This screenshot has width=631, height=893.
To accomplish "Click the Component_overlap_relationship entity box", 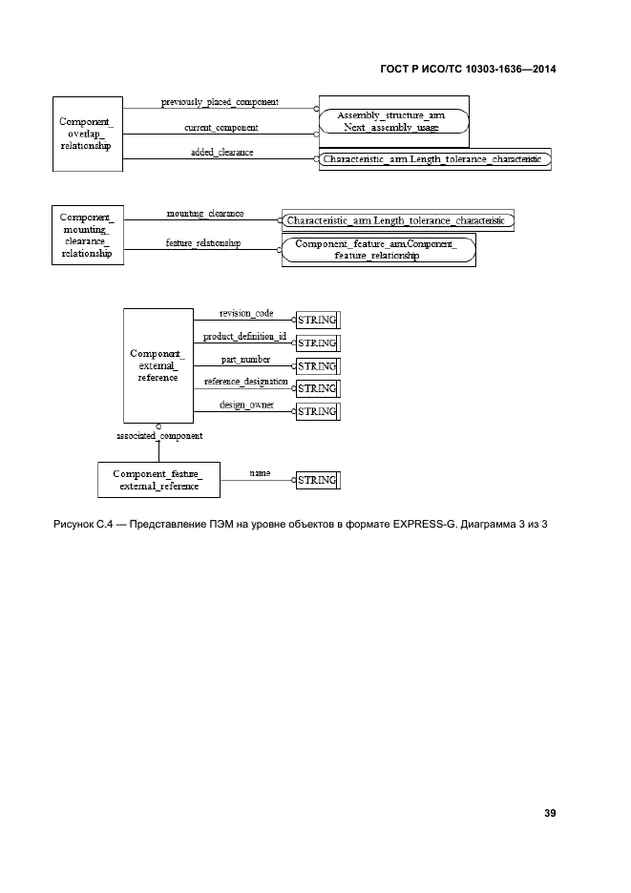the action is point(88,134).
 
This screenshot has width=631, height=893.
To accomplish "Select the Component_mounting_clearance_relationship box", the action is point(88,236).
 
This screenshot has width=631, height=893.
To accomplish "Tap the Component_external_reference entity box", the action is point(158,365).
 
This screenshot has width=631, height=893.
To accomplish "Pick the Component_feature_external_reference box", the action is point(159,480).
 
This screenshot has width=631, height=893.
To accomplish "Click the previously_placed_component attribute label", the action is point(220,102).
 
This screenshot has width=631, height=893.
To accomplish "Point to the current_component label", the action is point(221,128).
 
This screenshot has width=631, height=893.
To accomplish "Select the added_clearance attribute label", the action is point(221,152).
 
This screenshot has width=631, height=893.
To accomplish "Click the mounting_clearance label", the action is point(205,214).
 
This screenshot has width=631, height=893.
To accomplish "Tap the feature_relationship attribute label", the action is point(203,243).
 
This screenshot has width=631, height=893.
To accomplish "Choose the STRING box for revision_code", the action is point(318,320).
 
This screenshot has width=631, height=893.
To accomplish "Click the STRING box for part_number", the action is point(318,366).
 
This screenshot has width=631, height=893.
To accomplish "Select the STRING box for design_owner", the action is point(318,411).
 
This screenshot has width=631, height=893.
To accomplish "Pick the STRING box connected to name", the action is point(318,480).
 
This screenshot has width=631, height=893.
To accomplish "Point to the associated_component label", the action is point(159,436).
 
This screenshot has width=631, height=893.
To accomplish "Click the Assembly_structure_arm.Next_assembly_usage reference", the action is point(394,121).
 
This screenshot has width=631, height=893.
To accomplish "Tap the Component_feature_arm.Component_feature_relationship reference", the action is point(378,250).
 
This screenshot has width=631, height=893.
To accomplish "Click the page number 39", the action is point(550,813).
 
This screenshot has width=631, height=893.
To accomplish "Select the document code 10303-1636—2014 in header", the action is point(511,69).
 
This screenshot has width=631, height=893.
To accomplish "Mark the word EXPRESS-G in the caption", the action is point(425,524).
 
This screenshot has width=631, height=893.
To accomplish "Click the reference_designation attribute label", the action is point(246,382).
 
